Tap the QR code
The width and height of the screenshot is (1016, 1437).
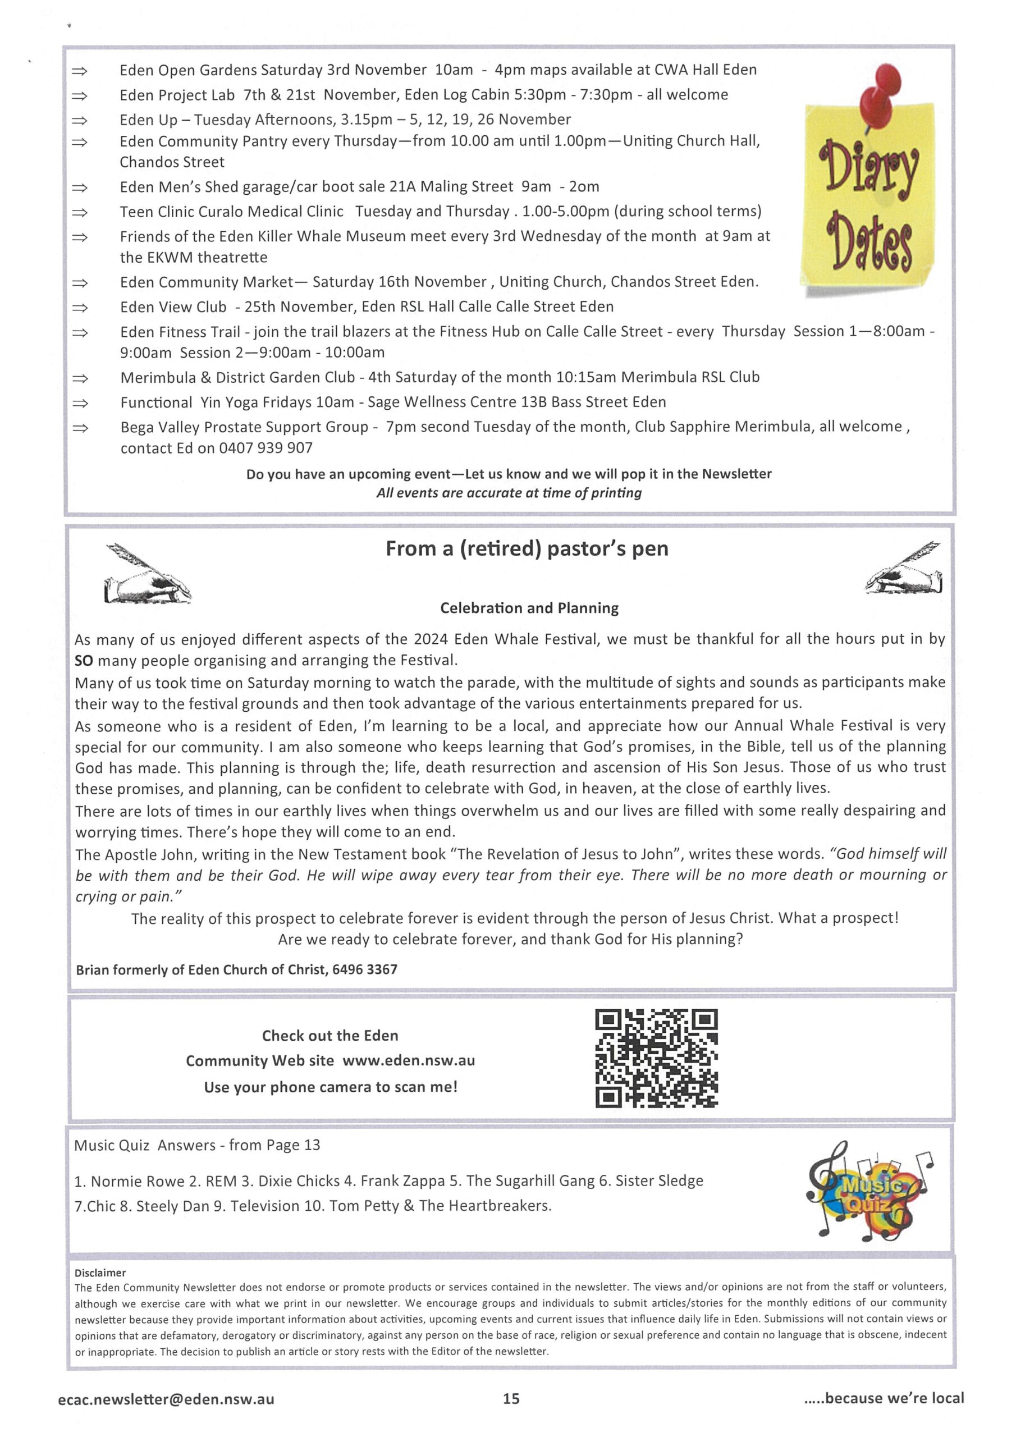[x=656, y=1058]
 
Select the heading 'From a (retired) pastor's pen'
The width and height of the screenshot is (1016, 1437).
[x=527, y=549]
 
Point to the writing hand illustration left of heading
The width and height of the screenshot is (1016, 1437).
[x=148, y=573]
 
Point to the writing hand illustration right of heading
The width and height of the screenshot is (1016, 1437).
[x=904, y=568]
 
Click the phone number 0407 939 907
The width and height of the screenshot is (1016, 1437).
[x=266, y=448]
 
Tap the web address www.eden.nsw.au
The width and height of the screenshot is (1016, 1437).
[x=408, y=1060]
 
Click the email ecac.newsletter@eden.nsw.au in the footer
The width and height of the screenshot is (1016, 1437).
[x=166, y=1399]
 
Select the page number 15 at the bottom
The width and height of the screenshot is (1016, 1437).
[x=511, y=1399]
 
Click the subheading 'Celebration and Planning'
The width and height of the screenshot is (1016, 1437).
[x=529, y=608]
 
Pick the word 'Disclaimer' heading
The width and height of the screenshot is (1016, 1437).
[x=100, y=1273]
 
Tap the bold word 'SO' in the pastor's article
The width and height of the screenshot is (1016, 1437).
[x=83, y=660]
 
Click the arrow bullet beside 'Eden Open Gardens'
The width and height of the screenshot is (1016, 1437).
[x=80, y=71]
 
